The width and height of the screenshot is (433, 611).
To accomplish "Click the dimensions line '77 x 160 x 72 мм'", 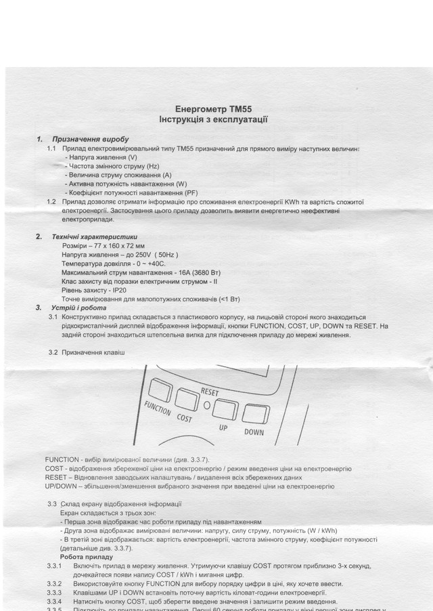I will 104,245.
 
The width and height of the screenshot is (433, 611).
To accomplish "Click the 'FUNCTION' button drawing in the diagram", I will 161,389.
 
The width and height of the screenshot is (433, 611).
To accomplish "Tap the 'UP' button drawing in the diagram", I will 223,408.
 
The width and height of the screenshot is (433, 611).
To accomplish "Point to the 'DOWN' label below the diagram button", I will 253,432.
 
